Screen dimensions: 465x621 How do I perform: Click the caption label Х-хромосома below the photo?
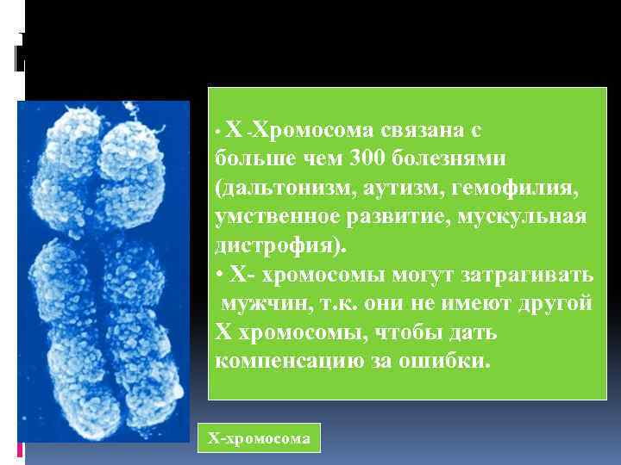[259, 438]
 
